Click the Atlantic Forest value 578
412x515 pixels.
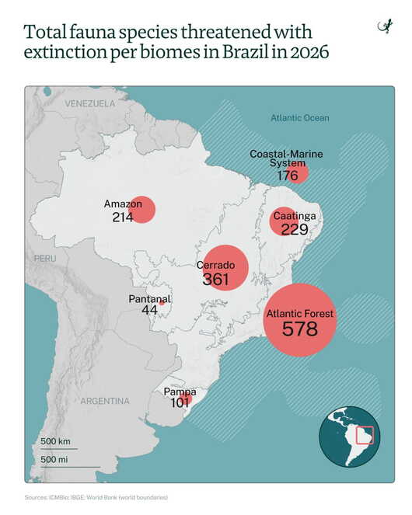pos(300,329)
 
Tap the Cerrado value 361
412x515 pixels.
pos(215,279)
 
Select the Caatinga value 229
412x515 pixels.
pos(295,229)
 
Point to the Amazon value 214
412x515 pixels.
pos(123,217)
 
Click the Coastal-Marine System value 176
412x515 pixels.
pos(288,176)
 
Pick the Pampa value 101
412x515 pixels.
pos(180,402)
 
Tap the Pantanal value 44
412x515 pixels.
pos(149,310)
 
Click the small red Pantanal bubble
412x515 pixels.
pos(162,303)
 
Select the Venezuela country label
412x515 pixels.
pos(89,104)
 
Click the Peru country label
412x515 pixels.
pos(45,259)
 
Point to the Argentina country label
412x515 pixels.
pos(105,401)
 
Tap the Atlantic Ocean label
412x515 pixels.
pos(300,118)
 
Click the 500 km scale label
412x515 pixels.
pos(55,441)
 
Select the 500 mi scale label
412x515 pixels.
pos(54,459)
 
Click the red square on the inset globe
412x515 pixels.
pos(365,435)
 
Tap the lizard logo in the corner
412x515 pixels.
pos(385,26)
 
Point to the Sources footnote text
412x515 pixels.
pos(96,497)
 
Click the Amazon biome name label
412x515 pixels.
pos(123,204)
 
